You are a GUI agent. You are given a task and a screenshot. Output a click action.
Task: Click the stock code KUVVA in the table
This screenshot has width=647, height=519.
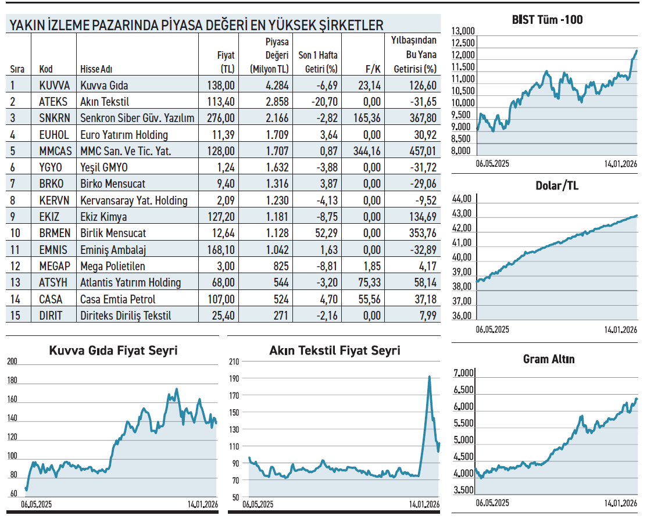point(54,85)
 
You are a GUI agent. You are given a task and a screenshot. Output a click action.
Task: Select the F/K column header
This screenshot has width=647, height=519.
point(373,69)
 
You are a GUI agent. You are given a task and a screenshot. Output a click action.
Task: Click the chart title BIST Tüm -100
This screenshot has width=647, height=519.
point(547,20)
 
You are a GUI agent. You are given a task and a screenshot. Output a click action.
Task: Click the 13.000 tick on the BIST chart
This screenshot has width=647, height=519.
point(463,31)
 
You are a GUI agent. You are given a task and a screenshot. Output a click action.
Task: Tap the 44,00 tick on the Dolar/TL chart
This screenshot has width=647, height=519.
point(463,198)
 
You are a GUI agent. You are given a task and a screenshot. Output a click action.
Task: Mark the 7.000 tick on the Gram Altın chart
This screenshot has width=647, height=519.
point(464,373)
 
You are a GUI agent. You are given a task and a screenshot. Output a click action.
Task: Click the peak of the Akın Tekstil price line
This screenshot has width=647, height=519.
point(429,377)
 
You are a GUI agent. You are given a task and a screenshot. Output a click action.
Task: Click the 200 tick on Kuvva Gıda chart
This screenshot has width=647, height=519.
point(12,361)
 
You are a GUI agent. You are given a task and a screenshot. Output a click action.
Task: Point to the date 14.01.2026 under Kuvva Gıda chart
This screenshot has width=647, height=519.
point(202,504)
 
